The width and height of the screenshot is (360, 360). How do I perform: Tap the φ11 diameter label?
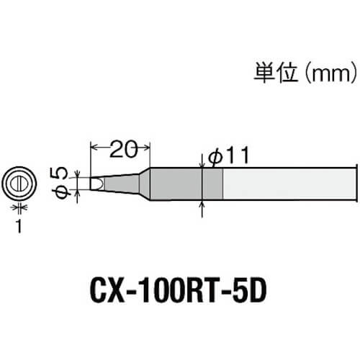(x=229, y=156)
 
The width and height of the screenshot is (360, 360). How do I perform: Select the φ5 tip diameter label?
(x=60, y=183)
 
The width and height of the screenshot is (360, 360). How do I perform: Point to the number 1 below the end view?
(x=19, y=226)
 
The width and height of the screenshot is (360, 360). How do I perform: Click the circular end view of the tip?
(x=19, y=184)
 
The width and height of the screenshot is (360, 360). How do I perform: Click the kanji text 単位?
(x=276, y=73)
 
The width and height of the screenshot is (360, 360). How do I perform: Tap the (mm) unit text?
(x=331, y=73)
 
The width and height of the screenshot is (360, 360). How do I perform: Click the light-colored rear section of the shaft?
(x=289, y=184)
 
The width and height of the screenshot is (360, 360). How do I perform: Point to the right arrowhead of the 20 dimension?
(x=146, y=147)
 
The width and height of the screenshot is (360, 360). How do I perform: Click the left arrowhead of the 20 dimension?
(x=94, y=147)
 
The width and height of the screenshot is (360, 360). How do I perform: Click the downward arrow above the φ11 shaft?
(x=202, y=161)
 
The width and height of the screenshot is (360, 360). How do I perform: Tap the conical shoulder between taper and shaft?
(x=145, y=184)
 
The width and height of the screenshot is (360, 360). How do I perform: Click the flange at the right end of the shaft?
(x=356, y=184)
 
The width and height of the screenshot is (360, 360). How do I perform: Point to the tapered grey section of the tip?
(x=122, y=184)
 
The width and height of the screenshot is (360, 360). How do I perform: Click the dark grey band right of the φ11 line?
(x=213, y=184)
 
